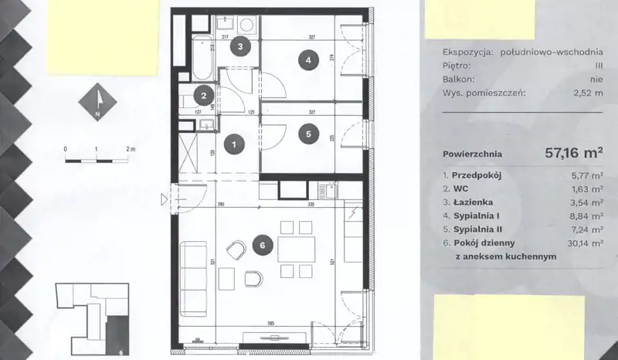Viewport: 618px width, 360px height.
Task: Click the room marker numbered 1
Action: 234,144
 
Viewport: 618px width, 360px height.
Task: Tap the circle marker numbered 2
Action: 204,96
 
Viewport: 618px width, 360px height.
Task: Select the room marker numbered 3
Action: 240,46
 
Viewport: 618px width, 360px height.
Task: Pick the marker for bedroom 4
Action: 308,60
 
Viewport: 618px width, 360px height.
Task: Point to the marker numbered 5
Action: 308,134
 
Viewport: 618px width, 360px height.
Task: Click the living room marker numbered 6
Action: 263,245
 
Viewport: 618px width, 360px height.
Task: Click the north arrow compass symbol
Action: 98,102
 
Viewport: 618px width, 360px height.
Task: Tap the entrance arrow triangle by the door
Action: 164,200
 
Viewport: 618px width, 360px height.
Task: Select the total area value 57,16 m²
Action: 574,153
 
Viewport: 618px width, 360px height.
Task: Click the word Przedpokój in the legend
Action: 477,175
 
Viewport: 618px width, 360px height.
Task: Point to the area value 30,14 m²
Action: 586,243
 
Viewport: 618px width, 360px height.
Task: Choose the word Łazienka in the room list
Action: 473,202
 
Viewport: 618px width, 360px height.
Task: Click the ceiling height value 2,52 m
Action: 588,93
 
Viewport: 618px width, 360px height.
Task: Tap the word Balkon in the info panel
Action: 458,80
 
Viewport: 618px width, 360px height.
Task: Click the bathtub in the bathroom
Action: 203,58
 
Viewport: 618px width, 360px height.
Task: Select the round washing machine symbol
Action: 247,25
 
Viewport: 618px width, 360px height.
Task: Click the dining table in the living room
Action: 297,250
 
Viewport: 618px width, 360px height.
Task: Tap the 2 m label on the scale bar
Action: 131,149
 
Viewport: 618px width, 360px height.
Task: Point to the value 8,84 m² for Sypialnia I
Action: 587,216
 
